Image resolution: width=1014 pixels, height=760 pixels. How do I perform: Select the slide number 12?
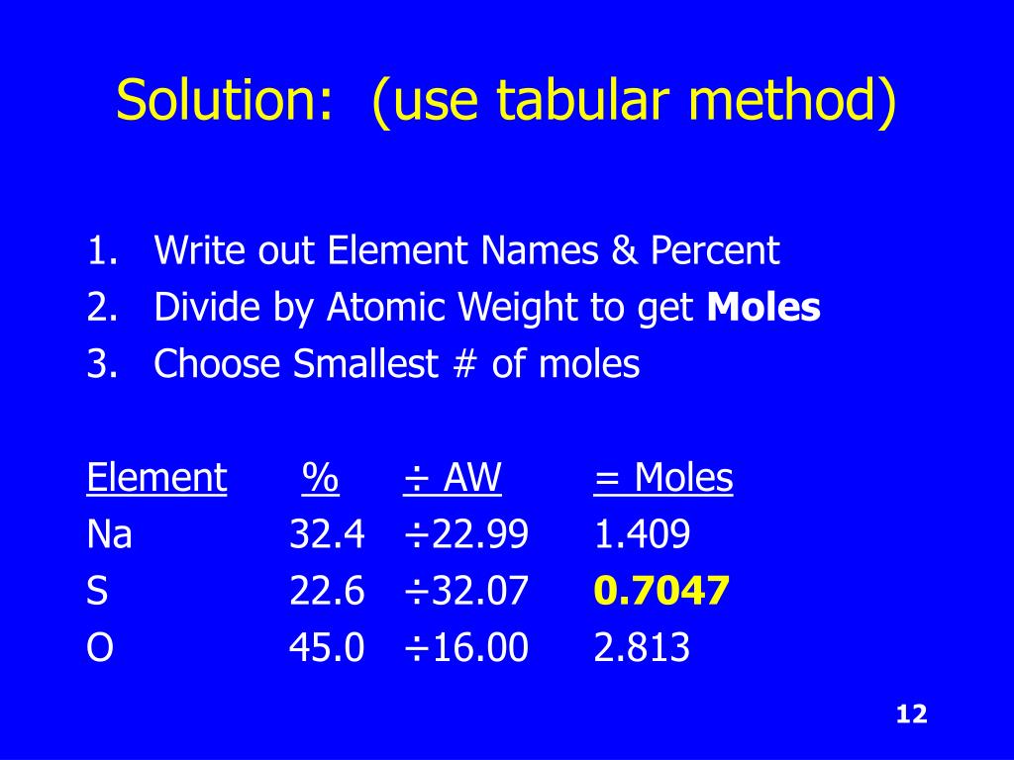pos(910,714)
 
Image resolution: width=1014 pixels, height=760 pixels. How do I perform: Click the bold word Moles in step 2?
pos(763,309)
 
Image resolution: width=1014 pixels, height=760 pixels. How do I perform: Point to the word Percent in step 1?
pos(715,251)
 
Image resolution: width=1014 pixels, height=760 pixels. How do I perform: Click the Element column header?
pos(156,479)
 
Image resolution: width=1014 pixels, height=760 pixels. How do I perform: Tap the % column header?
pos(320,479)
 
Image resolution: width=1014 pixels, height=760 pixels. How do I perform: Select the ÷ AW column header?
pos(453,479)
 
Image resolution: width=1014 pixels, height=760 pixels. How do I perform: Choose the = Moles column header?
pos(663,479)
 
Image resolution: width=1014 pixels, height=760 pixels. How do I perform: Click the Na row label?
pos(110,535)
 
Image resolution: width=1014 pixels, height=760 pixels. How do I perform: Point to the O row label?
pos(100,648)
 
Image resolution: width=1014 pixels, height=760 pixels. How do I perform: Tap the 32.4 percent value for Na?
pos(327,535)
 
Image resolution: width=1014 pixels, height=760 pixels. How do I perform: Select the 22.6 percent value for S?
pos(327,592)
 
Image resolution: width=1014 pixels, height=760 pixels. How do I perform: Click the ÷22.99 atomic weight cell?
pos(465,535)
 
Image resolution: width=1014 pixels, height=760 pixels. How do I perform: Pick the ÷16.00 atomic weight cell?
pos(465,648)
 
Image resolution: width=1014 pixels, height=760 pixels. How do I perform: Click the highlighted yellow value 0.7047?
pos(661,592)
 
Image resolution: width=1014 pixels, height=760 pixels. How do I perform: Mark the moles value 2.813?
pos(642,648)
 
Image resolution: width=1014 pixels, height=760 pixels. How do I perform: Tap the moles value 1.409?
pos(642,535)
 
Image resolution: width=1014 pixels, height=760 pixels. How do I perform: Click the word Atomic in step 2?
pos(387,309)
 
